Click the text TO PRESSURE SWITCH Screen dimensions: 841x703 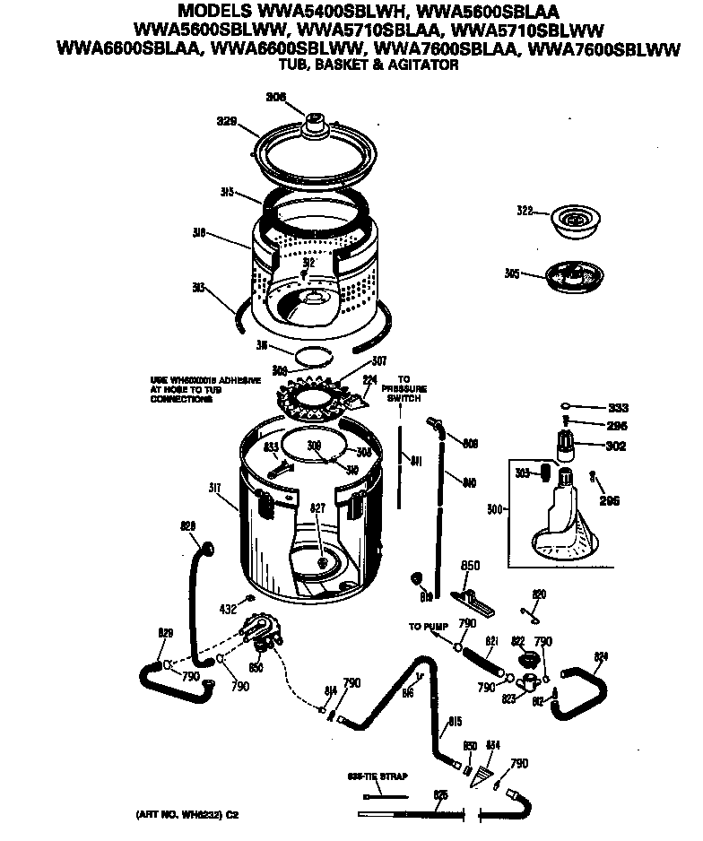point(404,388)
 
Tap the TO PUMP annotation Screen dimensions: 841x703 point(429,627)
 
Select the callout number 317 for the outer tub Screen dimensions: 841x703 point(215,488)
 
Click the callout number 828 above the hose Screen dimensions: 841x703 point(187,526)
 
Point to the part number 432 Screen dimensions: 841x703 point(228,609)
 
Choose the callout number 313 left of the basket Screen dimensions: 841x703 point(198,288)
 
